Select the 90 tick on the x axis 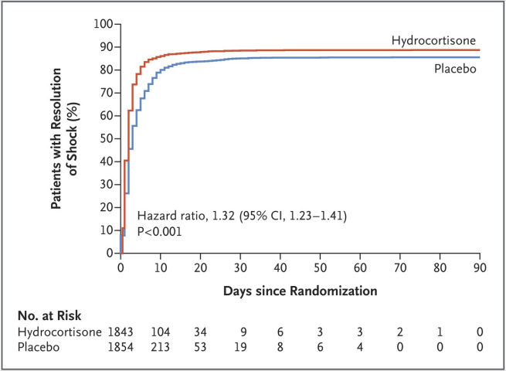481,267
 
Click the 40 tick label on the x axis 280,267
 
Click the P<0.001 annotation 160,230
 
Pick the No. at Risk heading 50,316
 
